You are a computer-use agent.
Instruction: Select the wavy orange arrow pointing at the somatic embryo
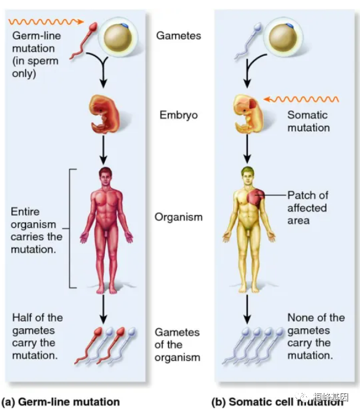click(302, 99)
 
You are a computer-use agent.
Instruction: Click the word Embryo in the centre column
click(179, 115)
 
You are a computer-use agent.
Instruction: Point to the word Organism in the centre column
click(179, 217)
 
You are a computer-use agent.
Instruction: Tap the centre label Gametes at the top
click(179, 36)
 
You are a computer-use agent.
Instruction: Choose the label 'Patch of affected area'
click(307, 207)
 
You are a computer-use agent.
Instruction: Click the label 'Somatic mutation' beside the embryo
click(308, 121)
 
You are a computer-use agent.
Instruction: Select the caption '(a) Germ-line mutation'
click(60, 402)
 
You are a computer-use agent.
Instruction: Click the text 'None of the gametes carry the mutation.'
click(316, 337)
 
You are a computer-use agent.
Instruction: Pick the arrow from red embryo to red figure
click(103, 149)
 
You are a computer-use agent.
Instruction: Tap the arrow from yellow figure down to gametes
click(248, 309)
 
